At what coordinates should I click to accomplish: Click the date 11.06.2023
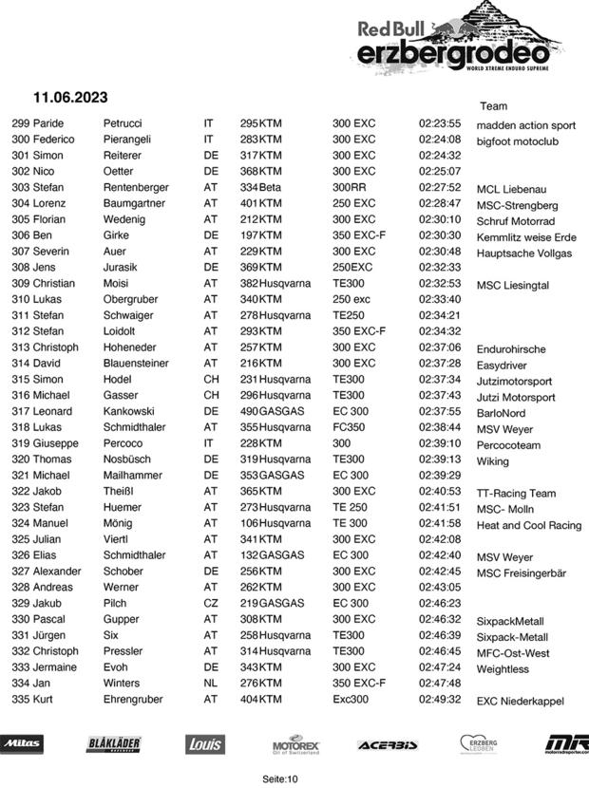pos(70,98)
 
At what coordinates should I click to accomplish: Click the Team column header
pos(494,106)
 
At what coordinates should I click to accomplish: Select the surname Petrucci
pos(123,123)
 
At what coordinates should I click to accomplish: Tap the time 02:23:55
pos(440,123)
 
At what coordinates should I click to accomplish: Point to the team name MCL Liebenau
pos(511,189)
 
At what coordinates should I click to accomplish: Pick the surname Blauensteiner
pos(136,363)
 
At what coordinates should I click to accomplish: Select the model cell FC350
pos(350,426)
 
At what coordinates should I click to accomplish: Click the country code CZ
pos(211,603)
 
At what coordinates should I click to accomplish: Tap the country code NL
pos(211,683)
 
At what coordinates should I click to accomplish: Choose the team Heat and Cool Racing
pos(529,525)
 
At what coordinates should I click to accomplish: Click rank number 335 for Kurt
pos(21,699)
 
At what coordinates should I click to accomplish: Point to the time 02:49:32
pos(440,699)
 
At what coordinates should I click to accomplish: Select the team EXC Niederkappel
pos(521,701)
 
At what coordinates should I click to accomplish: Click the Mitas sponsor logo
pos(22,743)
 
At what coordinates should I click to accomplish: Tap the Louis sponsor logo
pos(203,744)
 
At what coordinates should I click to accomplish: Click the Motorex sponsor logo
pos(295,743)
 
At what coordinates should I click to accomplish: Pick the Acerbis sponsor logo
pos(388,744)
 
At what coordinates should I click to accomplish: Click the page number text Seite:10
pos(280,779)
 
